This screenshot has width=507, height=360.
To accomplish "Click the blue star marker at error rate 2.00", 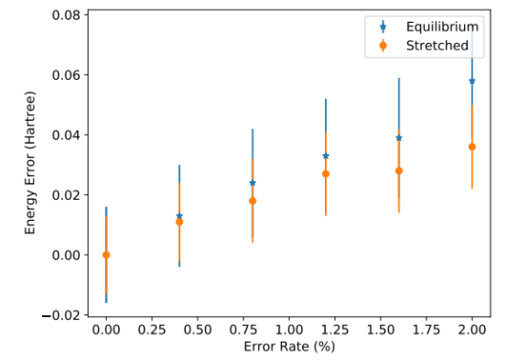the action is [472, 81].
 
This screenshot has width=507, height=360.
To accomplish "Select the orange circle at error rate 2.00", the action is [472, 147].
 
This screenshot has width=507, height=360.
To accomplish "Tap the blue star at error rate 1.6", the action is [399, 138].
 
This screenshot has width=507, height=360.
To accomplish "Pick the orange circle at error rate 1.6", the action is [399, 171].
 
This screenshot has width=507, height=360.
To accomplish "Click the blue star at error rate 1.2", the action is [326, 156].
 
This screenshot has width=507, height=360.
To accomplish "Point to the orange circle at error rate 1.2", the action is [326, 174].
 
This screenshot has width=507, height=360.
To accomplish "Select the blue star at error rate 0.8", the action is [253, 183].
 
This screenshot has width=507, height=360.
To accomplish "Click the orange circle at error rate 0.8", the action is [253, 201].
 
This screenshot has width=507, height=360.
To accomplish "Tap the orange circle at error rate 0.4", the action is [179, 222].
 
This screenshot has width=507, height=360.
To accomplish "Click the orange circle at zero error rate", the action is [106, 255].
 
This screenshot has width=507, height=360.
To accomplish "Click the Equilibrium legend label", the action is [442, 27].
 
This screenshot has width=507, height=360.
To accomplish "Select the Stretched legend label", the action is [437, 46].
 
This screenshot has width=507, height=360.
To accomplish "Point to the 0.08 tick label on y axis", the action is [66, 15].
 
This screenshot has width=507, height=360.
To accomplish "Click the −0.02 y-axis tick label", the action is [61, 315].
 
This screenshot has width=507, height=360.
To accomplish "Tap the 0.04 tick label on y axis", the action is [66, 135].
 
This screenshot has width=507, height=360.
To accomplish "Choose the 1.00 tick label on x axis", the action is [289, 330].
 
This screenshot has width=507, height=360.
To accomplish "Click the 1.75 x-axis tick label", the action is [426, 330].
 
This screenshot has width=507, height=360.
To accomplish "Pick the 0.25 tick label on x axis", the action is [152, 330].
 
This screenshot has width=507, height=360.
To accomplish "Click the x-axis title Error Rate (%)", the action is [289, 347].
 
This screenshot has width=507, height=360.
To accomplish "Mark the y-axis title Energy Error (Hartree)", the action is [30, 163].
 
